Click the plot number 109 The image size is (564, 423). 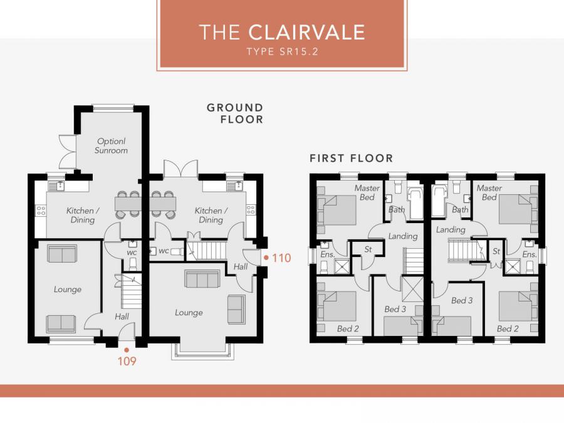click(127, 361)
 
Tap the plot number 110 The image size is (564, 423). click(281, 258)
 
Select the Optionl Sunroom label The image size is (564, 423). click(111, 145)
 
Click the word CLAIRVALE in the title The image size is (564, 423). click(307, 32)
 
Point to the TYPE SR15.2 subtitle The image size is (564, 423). click(283, 51)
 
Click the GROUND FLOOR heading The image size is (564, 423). click(235, 113)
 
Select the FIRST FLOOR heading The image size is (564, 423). click(351, 159)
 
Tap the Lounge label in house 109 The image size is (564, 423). click(68, 289)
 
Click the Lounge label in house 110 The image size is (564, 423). click(189, 313)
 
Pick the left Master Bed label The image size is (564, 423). click(367, 192)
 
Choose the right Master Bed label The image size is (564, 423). click(489, 192)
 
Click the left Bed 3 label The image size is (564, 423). click(395, 309)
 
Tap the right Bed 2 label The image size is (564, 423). click(508, 328)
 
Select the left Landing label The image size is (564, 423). click(403, 236)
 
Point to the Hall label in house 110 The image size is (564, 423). click(240, 266)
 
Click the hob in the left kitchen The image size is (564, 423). click(41, 211)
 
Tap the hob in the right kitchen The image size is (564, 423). click(251, 210)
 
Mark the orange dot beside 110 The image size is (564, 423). click(266, 258)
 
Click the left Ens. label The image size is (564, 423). click(327, 254)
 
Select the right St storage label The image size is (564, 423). click(496, 251)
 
